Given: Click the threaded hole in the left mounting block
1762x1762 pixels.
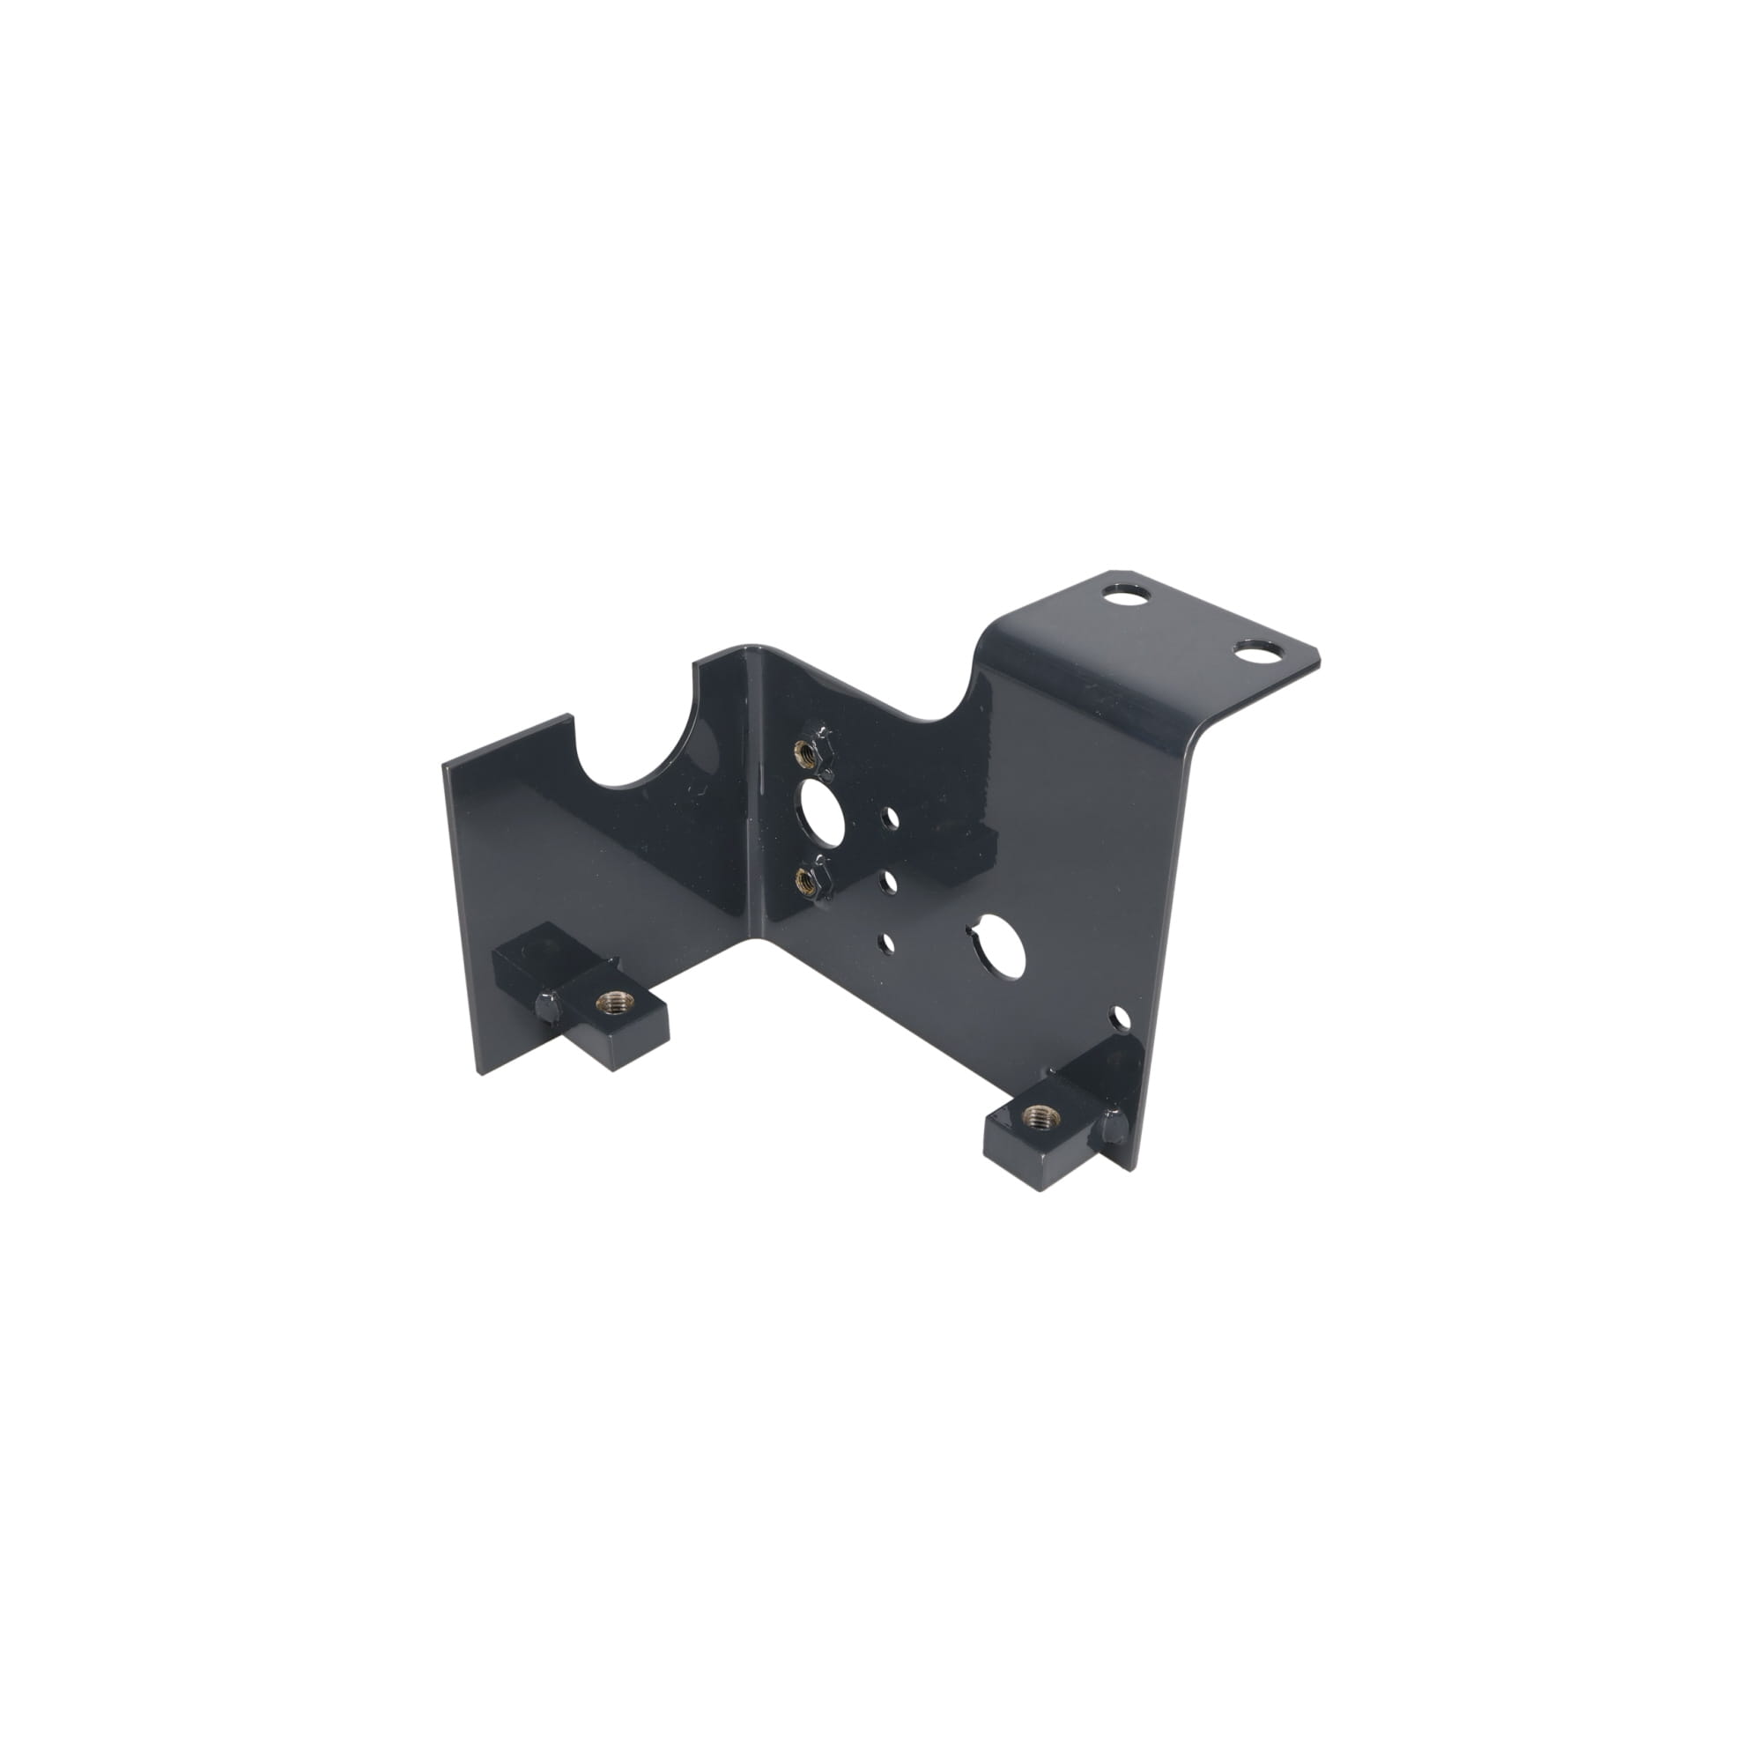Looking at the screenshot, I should (x=606, y=1003).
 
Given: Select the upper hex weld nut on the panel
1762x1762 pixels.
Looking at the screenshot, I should (x=805, y=751).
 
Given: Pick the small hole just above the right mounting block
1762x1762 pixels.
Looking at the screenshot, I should (x=1118, y=1014).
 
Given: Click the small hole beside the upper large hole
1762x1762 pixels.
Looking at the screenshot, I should (x=887, y=818).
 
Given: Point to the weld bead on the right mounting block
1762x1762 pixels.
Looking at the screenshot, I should (x=1114, y=1128).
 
